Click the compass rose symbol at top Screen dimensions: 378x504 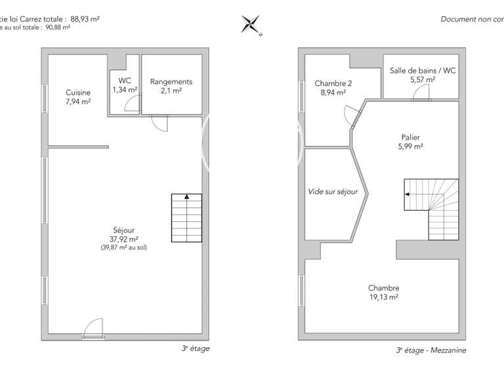click(251, 25)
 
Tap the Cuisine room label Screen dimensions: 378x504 click(77, 97)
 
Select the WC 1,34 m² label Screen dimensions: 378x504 click(124, 86)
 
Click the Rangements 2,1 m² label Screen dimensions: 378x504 click(171, 86)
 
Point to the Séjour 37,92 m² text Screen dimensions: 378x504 click(123, 235)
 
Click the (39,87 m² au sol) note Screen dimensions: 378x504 click(123, 247)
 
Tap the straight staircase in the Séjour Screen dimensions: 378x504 click(186, 219)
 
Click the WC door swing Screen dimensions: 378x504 click(133, 104)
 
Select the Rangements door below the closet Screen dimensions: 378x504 click(159, 122)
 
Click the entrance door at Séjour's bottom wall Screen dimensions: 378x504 click(93, 328)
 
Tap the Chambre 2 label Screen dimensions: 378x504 click(333, 88)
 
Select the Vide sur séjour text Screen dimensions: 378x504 click(333, 192)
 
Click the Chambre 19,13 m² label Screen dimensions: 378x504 click(383, 292)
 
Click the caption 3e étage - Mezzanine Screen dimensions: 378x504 click(430, 351)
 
